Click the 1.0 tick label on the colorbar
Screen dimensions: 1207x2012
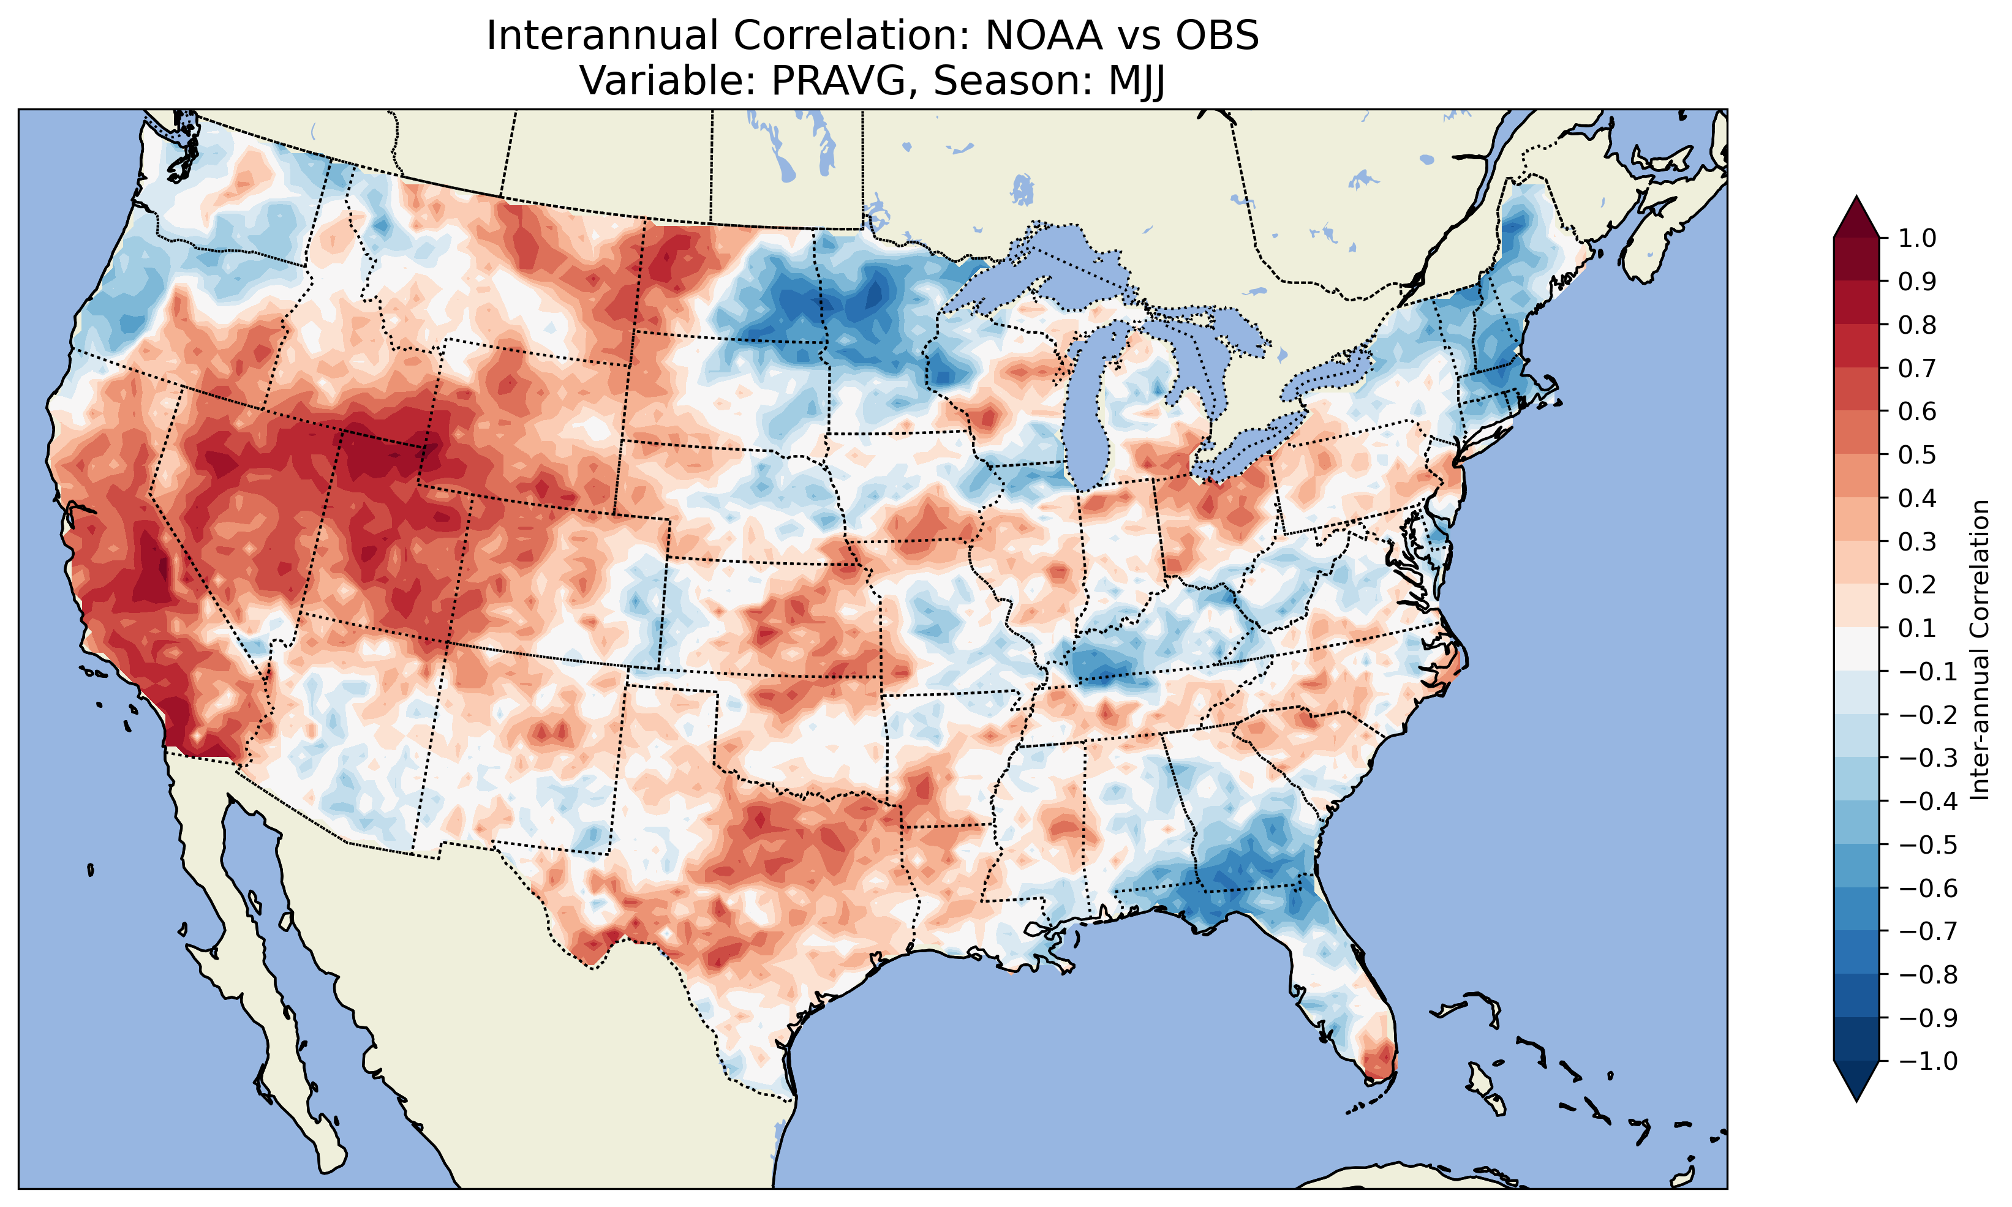[x=1917, y=238]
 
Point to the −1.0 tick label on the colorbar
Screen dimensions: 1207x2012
[x=1928, y=1061]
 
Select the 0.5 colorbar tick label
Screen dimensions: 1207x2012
[x=1917, y=454]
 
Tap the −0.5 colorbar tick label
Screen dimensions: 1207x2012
[x=1928, y=844]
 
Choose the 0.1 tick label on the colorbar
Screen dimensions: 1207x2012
[x=1917, y=628]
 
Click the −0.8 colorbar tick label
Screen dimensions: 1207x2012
[x=1928, y=974]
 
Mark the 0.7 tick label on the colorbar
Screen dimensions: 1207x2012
[x=1917, y=369]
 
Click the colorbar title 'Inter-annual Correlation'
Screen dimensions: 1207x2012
[x=1980, y=649]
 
